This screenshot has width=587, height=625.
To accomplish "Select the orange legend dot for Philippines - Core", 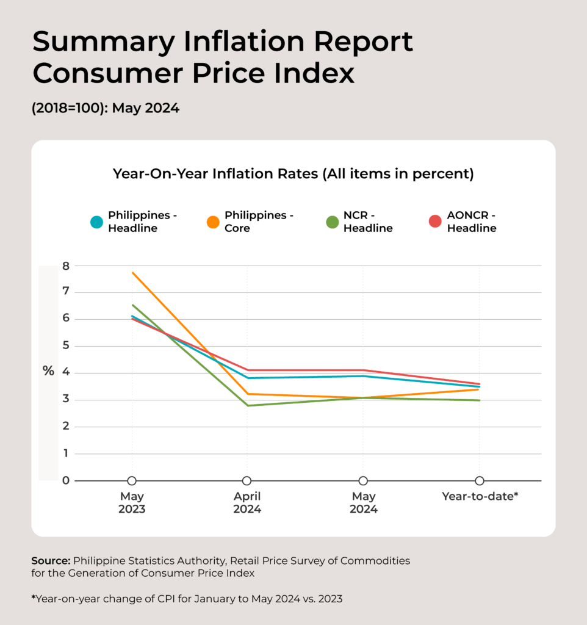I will click(x=213, y=222).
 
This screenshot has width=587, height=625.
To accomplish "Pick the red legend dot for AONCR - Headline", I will click(x=435, y=222).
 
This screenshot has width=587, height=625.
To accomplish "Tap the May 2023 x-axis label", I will click(x=132, y=503).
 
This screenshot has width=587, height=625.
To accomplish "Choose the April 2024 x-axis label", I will click(x=247, y=503).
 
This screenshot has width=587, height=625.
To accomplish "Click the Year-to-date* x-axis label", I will click(x=480, y=497).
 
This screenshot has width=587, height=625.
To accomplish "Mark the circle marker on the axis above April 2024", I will click(x=247, y=481).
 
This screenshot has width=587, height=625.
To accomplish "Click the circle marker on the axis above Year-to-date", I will click(x=480, y=481).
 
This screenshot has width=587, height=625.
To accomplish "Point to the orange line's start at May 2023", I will click(x=132, y=272).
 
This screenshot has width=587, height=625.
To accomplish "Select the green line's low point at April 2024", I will click(x=247, y=405).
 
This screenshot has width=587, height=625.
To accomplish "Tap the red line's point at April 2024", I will click(x=247, y=370).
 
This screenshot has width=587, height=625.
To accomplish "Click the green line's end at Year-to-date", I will click(x=479, y=400).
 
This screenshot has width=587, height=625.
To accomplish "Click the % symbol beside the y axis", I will click(x=48, y=371).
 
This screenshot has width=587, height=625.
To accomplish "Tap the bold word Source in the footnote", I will click(x=50, y=560).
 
